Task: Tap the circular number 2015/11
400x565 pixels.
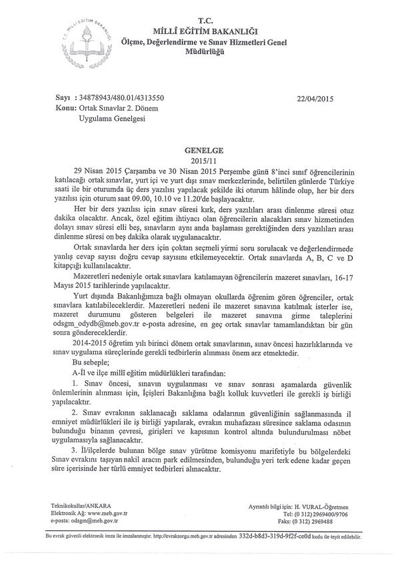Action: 199,161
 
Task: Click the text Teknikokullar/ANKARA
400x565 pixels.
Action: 77,506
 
